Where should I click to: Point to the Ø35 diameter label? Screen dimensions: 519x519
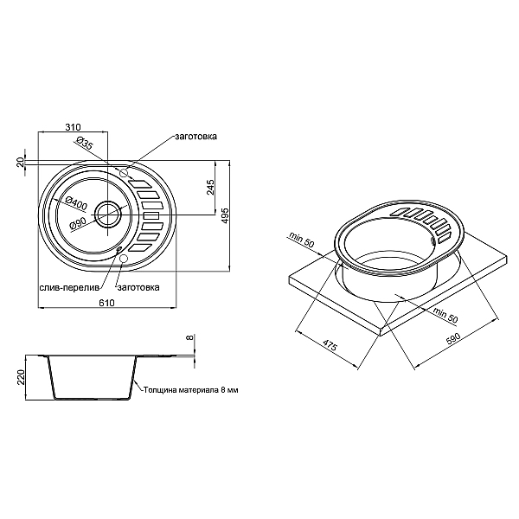pyautogui.click(x=85, y=144)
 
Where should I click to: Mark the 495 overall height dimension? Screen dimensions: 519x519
pyautogui.click(x=225, y=215)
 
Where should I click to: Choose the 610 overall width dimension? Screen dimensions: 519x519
pyautogui.click(x=106, y=302)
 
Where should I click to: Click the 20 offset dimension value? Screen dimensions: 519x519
pyautogui.click(x=20, y=162)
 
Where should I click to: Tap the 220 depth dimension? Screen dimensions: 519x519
pyautogui.click(x=20, y=377)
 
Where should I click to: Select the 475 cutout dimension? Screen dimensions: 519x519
pyautogui.click(x=330, y=345)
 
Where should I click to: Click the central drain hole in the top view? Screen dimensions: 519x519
pyautogui.click(x=109, y=211)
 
